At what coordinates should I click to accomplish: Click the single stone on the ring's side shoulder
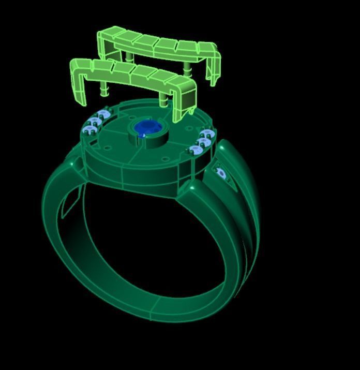click(221, 173)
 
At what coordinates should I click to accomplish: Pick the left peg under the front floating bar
click(104, 89)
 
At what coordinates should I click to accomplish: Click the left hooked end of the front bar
click(78, 83)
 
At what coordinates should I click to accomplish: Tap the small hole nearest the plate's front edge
click(166, 159)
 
